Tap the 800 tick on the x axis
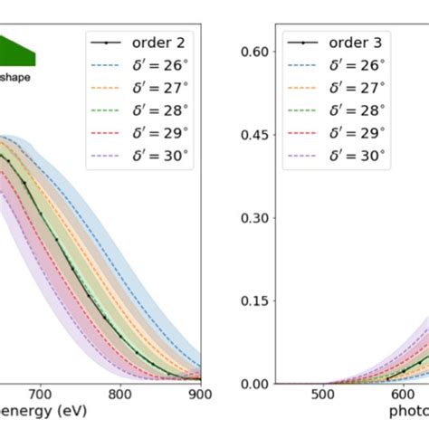pos(120,394)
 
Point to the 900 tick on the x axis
pos(200,394)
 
